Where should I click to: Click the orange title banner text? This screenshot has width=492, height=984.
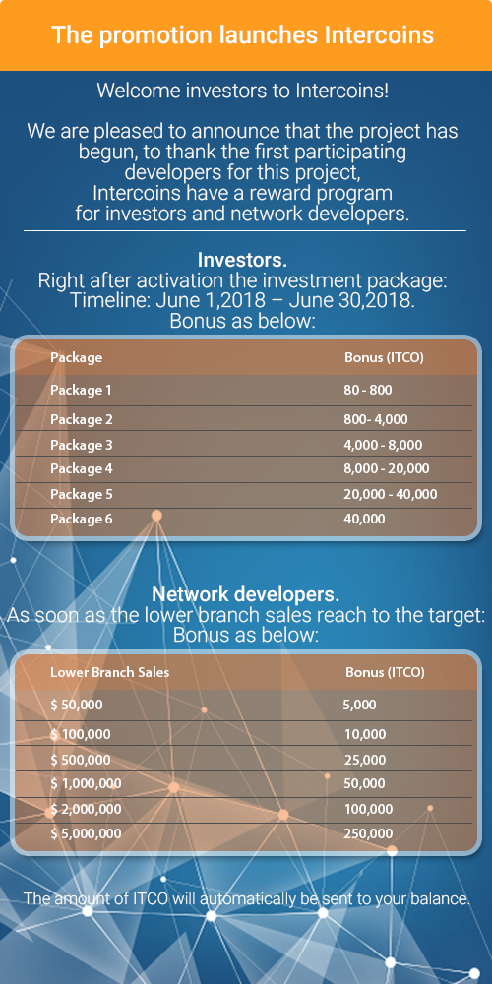[242, 36]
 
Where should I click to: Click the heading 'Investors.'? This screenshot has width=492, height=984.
[242, 261]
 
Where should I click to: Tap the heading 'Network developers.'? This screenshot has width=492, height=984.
[246, 594]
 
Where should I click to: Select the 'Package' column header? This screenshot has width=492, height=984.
[77, 357]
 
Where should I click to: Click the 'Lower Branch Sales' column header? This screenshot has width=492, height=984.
[110, 672]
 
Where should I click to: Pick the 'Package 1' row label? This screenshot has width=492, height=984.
[81, 390]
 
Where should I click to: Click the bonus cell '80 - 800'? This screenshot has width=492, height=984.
[368, 390]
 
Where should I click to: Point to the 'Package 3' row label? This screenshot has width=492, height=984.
[81, 445]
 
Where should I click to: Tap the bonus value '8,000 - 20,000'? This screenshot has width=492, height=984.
[387, 468]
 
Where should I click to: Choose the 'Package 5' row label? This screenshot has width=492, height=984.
[81, 494]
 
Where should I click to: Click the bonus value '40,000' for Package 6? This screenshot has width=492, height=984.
[364, 519]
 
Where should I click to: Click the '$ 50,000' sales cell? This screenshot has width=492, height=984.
[77, 705]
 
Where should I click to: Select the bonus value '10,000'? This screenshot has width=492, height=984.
[365, 734]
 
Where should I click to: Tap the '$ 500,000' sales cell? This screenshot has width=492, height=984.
[81, 760]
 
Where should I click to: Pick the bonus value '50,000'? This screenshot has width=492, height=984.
[365, 783]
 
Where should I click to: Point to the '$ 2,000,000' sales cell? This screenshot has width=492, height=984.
[86, 809]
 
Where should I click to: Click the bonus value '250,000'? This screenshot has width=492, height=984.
[369, 833]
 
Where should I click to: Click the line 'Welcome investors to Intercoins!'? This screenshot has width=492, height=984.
[242, 92]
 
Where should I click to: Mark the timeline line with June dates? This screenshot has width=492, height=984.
[242, 301]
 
